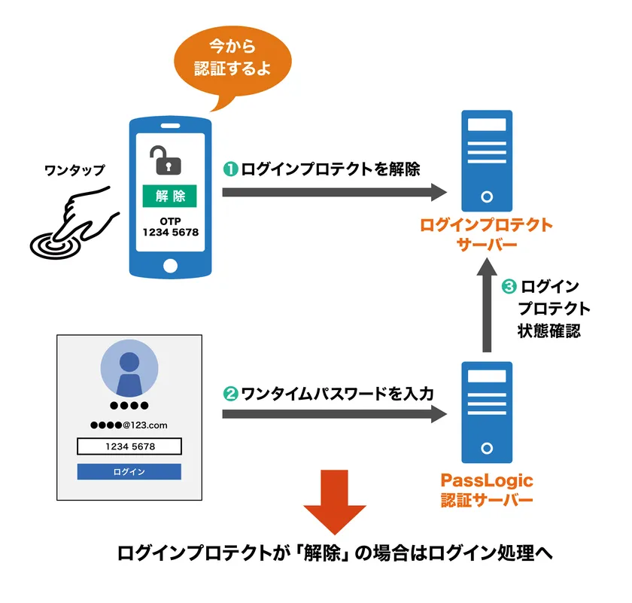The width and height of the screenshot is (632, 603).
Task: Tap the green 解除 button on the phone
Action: coord(170,196)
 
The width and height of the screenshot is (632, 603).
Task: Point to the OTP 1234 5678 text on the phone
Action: coord(170,227)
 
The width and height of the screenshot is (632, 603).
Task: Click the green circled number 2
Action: coord(231,393)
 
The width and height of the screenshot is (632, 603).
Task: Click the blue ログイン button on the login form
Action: coord(129,472)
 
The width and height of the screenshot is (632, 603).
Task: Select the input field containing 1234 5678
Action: coord(129,446)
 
